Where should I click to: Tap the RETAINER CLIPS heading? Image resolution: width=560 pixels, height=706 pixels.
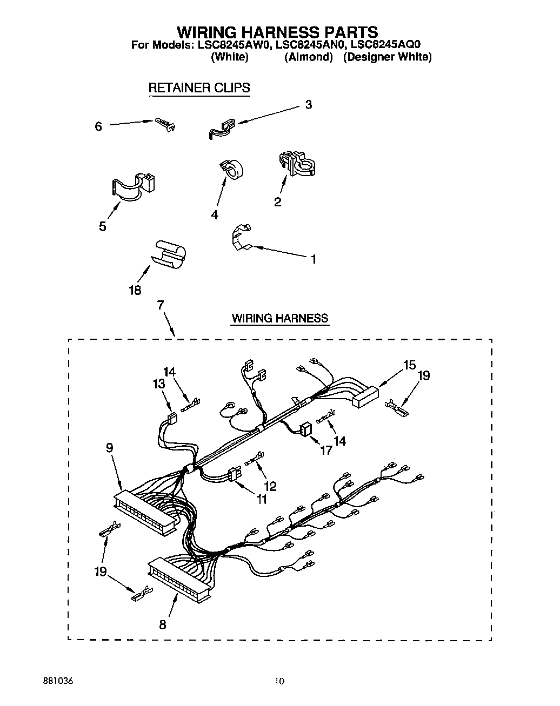click(x=199, y=88)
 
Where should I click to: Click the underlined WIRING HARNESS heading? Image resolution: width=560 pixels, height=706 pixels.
click(x=279, y=318)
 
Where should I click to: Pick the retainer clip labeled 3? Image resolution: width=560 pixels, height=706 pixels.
click(x=221, y=128)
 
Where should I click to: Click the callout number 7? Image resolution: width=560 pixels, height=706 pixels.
click(x=161, y=305)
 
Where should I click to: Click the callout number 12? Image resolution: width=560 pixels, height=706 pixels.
click(x=270, y=486)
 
